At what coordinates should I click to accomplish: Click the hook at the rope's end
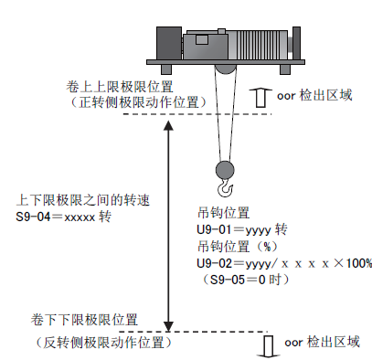pyautogui.click(x=225, y=187)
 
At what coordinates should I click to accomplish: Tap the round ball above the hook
pyautogui.click(x=225, y=170)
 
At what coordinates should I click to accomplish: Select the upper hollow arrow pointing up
pyautogui.click(x=260, y=98)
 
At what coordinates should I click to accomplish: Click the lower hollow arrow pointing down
pyautogui.click(x=268, y=346)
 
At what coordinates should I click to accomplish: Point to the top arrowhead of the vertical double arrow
pyautogui.click(x=168, y=125)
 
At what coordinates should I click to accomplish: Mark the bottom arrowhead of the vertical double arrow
pyautogui.click(x=168, y=326)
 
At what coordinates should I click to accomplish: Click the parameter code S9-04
pyautogui.click(x=33, y=217)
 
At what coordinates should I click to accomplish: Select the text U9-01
pyautogui.click(x=214, y=229)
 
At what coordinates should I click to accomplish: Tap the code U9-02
pyautogui.click(x=215, y=263)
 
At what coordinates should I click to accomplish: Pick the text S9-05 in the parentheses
pyautogui.click(x=228, y=280)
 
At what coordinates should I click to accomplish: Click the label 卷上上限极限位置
pyautogui.click(x=120, y=87)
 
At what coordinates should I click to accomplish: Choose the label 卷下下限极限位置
pyautogui.click(x=84, y=320)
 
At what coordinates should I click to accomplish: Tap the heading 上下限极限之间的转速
pyautogui.click(x=83, y=200)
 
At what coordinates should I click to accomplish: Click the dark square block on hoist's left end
pyautogui.click(x=169, y=43)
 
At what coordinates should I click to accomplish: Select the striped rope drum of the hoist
pyautogui.click(x=258, y=45)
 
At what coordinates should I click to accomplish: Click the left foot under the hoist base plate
pyautogui.click(x=166, y=69)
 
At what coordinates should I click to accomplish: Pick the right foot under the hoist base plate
pyautogui.click(x=285, y=69)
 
